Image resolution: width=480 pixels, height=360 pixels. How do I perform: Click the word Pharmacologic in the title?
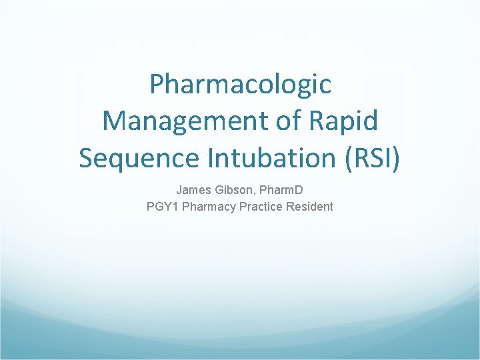(x=240, y=85)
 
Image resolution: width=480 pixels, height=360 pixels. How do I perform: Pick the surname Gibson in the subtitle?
(x=232, y=190)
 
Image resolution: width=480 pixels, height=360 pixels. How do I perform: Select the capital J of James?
(x=179, y=190)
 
